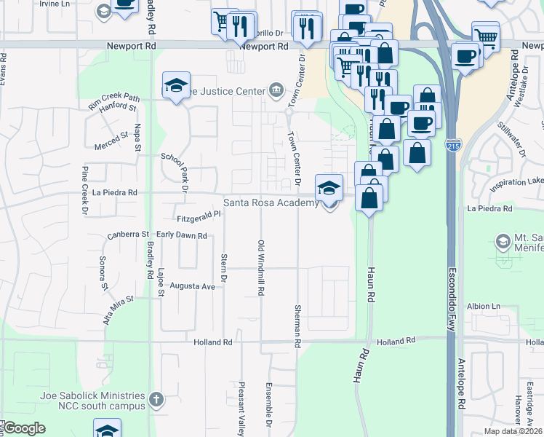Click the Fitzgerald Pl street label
(x=198, y=216)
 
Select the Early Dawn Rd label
(x=182, y=235)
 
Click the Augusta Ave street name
(x=192, y=286)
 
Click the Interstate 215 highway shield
(x=453, y=146)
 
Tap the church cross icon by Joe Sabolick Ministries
(x=155, y=398)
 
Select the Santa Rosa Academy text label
(x=271, y=203)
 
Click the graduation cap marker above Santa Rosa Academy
(x=329, y=187)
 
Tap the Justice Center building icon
(x=276, y=91)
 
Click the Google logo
(x=24, y=428)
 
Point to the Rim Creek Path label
(x=113, y=100)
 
